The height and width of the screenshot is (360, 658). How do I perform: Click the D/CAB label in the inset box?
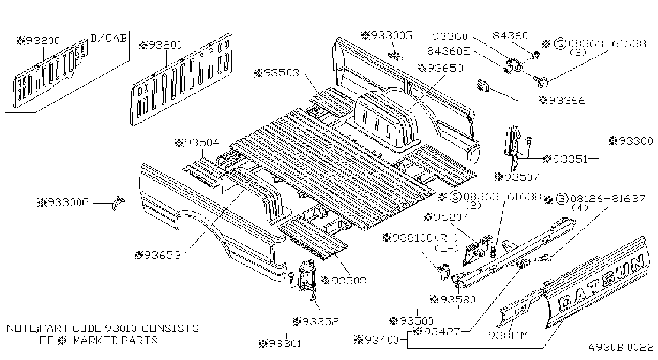109,38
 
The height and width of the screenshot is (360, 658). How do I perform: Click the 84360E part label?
448,51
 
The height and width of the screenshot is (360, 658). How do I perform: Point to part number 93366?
562,101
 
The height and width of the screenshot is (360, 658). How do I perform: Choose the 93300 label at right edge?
631,141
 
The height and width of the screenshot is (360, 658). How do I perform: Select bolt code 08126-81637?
608,199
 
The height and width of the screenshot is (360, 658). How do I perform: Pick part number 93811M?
508,335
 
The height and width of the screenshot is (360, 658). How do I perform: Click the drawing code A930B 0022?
621,347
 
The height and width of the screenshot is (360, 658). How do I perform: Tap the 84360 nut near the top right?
536,55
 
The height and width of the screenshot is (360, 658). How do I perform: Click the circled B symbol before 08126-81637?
562,199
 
